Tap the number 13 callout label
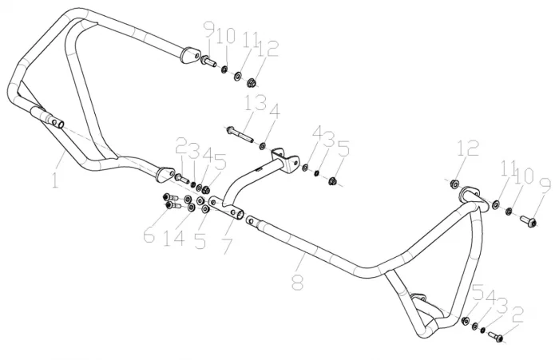tap(256, 105)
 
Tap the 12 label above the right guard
tap(467, 148)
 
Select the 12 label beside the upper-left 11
tap(268, 49)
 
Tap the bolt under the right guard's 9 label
tap(527, 220)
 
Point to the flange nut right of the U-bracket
tap(335, 180)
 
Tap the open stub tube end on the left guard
tap(56, 123)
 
